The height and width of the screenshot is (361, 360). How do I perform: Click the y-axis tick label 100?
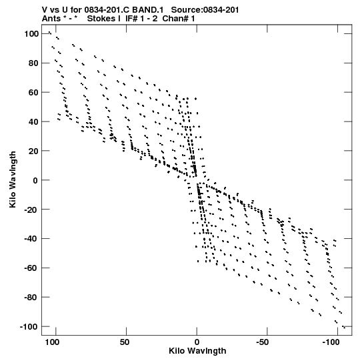31,34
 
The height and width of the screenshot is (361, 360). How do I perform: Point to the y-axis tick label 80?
33,63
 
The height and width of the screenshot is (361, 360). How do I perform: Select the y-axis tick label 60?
33,92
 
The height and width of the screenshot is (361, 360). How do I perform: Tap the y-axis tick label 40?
33,121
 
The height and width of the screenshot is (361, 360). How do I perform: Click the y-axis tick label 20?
33,151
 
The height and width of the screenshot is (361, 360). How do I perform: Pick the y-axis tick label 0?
35,180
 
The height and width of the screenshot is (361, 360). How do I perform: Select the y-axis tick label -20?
31,210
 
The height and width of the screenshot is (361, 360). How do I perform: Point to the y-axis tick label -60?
31,268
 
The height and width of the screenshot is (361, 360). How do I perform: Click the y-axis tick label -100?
29,326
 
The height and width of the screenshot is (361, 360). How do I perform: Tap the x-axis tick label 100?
52,342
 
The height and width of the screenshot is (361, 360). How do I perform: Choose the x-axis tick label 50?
125,342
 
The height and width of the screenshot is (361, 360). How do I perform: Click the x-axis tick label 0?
197,342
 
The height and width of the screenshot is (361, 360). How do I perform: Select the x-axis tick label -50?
263,342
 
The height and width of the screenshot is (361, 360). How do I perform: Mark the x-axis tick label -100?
331,342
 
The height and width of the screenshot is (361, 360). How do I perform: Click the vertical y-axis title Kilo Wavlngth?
13,179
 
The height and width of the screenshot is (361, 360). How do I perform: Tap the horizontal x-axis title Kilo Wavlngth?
197,351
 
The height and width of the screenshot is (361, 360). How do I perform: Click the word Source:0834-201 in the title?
205,10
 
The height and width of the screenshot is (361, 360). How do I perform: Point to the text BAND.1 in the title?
148,10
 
